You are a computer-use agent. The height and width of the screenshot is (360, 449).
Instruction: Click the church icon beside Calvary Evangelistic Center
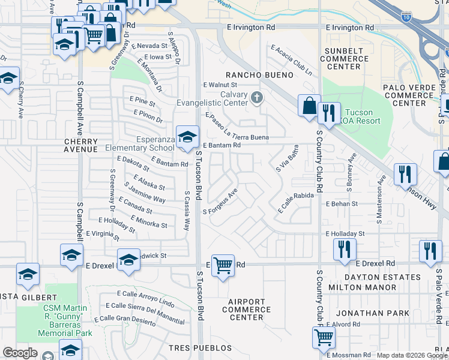pyautogui.click(x=258, y=97)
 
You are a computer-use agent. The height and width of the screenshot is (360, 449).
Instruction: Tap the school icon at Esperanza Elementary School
pyautogui.click(x=187, y=137)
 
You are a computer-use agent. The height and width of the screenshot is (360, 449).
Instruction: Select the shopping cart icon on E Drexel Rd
pyautogui.click(x=223, y=264)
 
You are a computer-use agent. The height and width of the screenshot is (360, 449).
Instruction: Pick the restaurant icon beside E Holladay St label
pyautogui.click(x=345, y=248)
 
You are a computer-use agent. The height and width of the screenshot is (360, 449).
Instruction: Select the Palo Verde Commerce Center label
pyautogui.click(x=413, y=95)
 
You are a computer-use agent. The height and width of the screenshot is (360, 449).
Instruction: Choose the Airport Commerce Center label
pyautogui.click(x=246, y=310)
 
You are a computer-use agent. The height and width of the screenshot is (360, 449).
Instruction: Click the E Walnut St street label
pyautogui.click(x=220, y=85)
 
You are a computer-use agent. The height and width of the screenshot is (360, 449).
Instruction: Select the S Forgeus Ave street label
pyautogui.click(x=221, y=202)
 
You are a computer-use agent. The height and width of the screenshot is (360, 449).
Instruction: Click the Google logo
pyautogui.click(x=19, y=353)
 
